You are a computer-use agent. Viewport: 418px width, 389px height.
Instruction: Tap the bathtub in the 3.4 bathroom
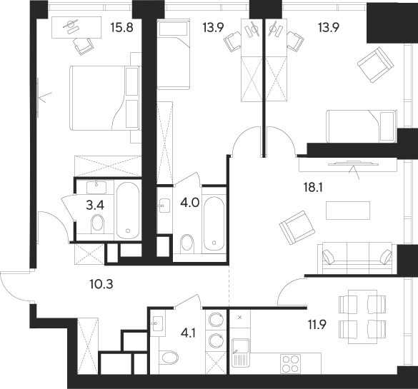tap(129, 209)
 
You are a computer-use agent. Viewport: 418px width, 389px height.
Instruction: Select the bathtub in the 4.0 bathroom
tap(214, 221)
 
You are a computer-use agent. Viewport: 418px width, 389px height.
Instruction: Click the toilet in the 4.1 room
tap(168, 357)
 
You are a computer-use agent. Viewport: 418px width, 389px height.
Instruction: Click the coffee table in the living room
tap(347, 211)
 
